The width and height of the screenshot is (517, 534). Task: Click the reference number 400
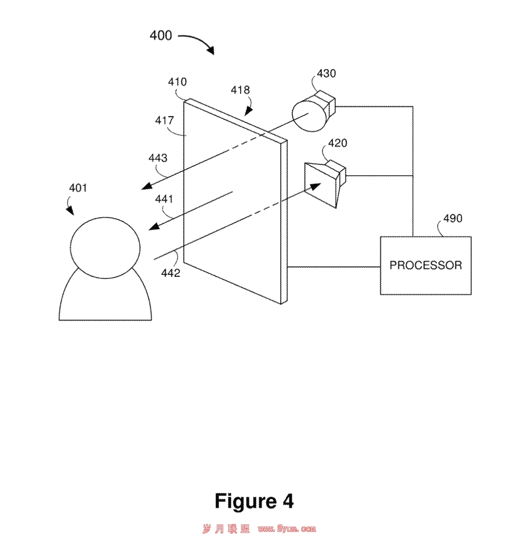(x=161, y=35)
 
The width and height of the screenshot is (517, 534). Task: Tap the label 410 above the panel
(x=177, y=82)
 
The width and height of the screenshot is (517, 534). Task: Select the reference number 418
(x=240, y=90)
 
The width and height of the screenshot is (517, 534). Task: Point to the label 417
(x=164, y=120)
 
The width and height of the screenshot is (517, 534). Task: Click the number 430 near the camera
(x=326, y=73)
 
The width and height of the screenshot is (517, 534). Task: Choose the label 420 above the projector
(x=338, y=143)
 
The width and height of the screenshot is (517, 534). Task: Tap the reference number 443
(x=158, y=158)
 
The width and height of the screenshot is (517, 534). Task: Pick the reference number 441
(x=164, y=199)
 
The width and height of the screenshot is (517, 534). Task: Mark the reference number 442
(x=170, y=273)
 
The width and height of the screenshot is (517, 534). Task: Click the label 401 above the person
(x=78, y=188)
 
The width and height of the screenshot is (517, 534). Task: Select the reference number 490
(x=453, y=218)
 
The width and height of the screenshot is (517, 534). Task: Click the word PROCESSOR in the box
(x=426, y=265)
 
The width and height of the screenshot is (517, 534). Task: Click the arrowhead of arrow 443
(x=146, y=186)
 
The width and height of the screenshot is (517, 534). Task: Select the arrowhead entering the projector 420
(x=315, y=186)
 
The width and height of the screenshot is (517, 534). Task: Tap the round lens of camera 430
(x=309, y=115)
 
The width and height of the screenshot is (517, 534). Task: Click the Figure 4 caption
(x=254, y=501)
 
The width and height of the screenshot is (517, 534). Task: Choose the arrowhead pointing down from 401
(x=71, y=211)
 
